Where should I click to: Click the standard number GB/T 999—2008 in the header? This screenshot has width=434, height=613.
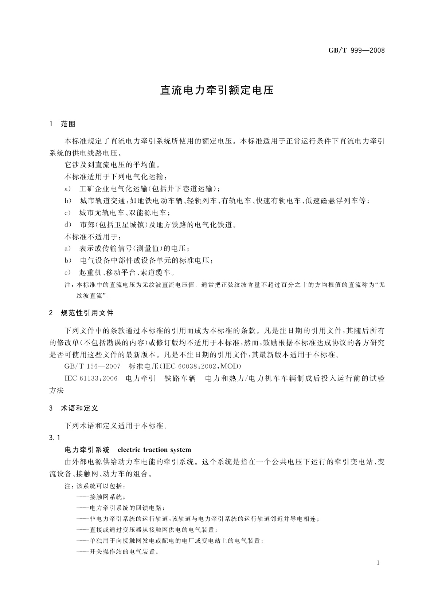point(356,50)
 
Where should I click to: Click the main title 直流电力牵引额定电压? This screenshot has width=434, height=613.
point(217,90)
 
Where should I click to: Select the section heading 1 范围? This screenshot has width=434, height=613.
point(62,124)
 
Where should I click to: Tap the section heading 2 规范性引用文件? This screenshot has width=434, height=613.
point(81,313)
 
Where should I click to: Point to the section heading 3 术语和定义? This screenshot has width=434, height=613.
point(74,408)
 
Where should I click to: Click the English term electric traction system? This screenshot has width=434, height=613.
point(155,450)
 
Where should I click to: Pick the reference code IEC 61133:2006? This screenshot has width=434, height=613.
point(91,379)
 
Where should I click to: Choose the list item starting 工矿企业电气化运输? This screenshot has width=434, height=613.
point(149,189)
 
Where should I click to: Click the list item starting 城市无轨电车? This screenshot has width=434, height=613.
point(125,213)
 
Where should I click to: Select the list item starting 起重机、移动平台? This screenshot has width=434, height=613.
point(127,272)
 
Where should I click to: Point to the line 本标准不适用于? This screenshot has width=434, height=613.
point(93,237)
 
